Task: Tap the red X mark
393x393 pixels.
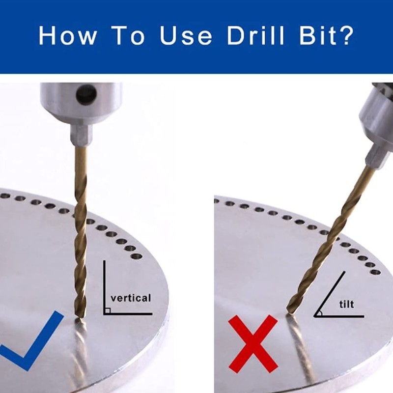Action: point(253,343)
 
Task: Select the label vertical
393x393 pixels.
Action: point(131,298)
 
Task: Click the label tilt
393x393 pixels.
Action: point(346,304)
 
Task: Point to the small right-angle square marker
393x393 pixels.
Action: point(107,310)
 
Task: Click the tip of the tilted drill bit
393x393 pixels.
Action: point(289,311)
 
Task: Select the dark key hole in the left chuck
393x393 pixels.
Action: point(86,94)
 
